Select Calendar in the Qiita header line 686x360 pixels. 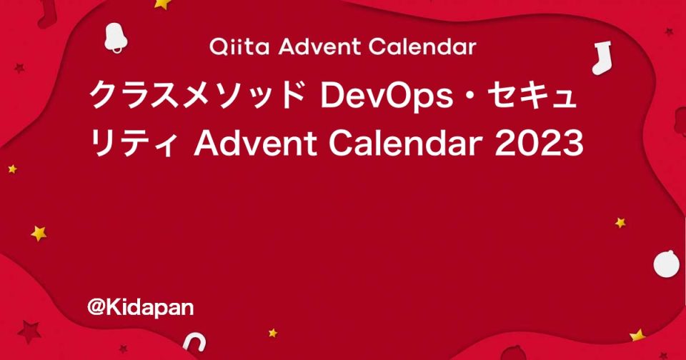coord(423,48)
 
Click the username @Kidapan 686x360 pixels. coord(141,307)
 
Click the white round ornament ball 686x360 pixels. coord(666,263)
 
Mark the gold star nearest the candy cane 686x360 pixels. coord(272,333)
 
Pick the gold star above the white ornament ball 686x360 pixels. coord(620,223)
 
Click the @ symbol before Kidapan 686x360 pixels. coord(96,307)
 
